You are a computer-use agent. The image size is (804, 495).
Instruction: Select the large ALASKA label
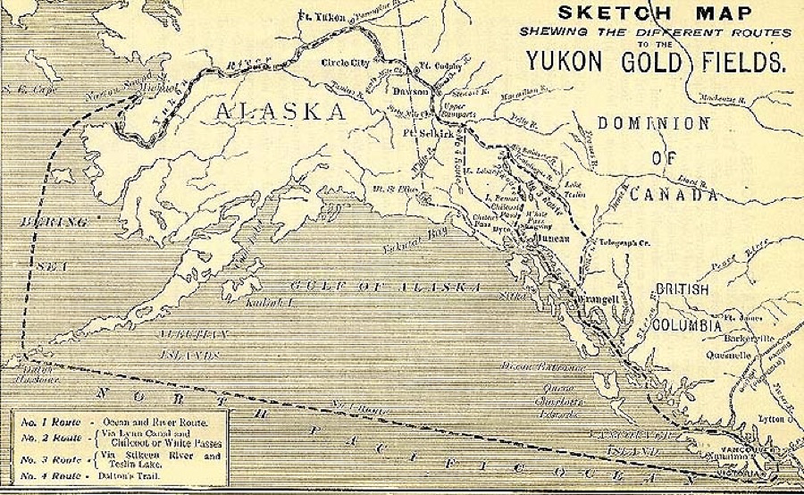(x=280, y=111)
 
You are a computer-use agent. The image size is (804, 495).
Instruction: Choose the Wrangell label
(x=590, y=292)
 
